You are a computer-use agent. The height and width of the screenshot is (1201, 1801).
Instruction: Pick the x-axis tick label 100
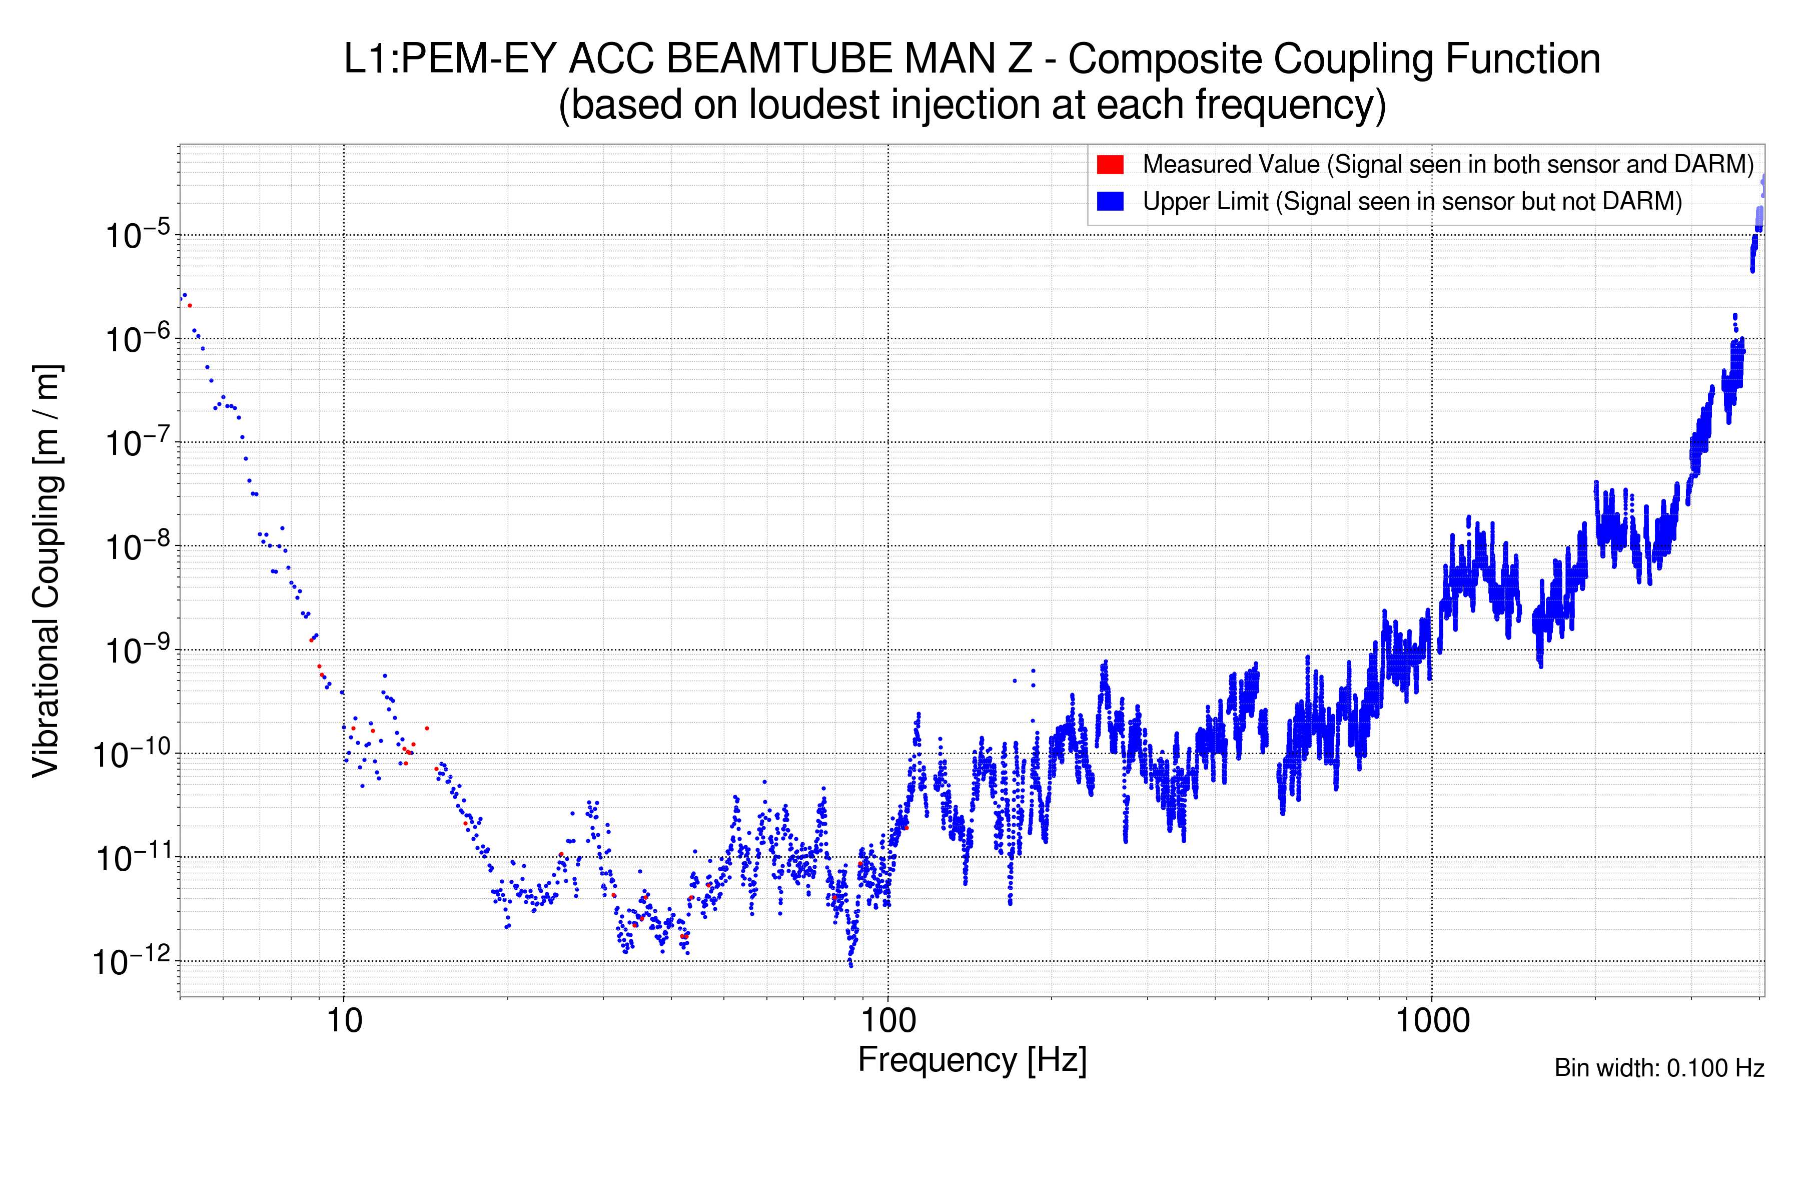(888, 1021)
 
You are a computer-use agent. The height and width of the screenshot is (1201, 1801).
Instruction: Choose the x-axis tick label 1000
(1432, 1021)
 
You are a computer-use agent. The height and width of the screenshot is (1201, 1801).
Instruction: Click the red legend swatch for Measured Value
(1110, 165)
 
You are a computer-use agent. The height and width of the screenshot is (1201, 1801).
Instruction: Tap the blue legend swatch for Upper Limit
(1110, 202)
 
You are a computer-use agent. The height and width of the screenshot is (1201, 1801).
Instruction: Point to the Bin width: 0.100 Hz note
(1658, 1068)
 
